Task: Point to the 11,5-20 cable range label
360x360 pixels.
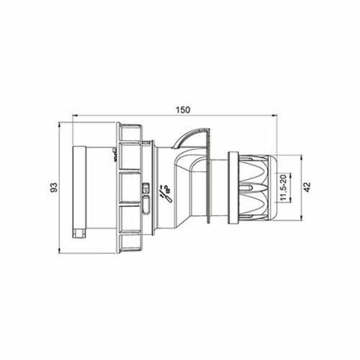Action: coord(283,187)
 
